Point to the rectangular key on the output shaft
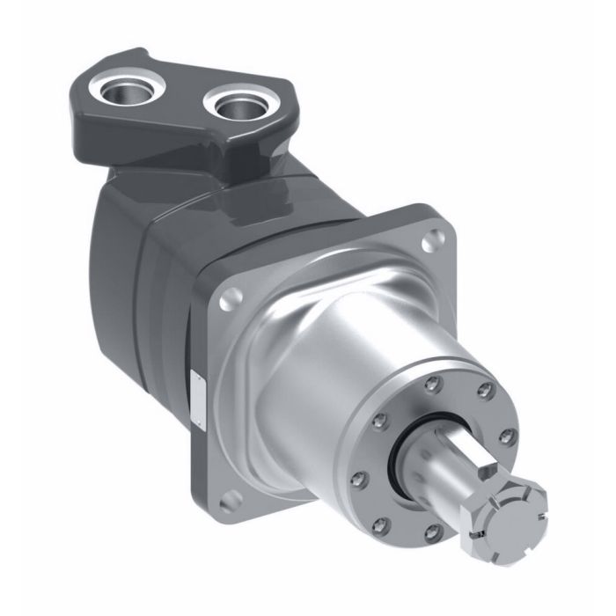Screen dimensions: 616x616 pos(489,458)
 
